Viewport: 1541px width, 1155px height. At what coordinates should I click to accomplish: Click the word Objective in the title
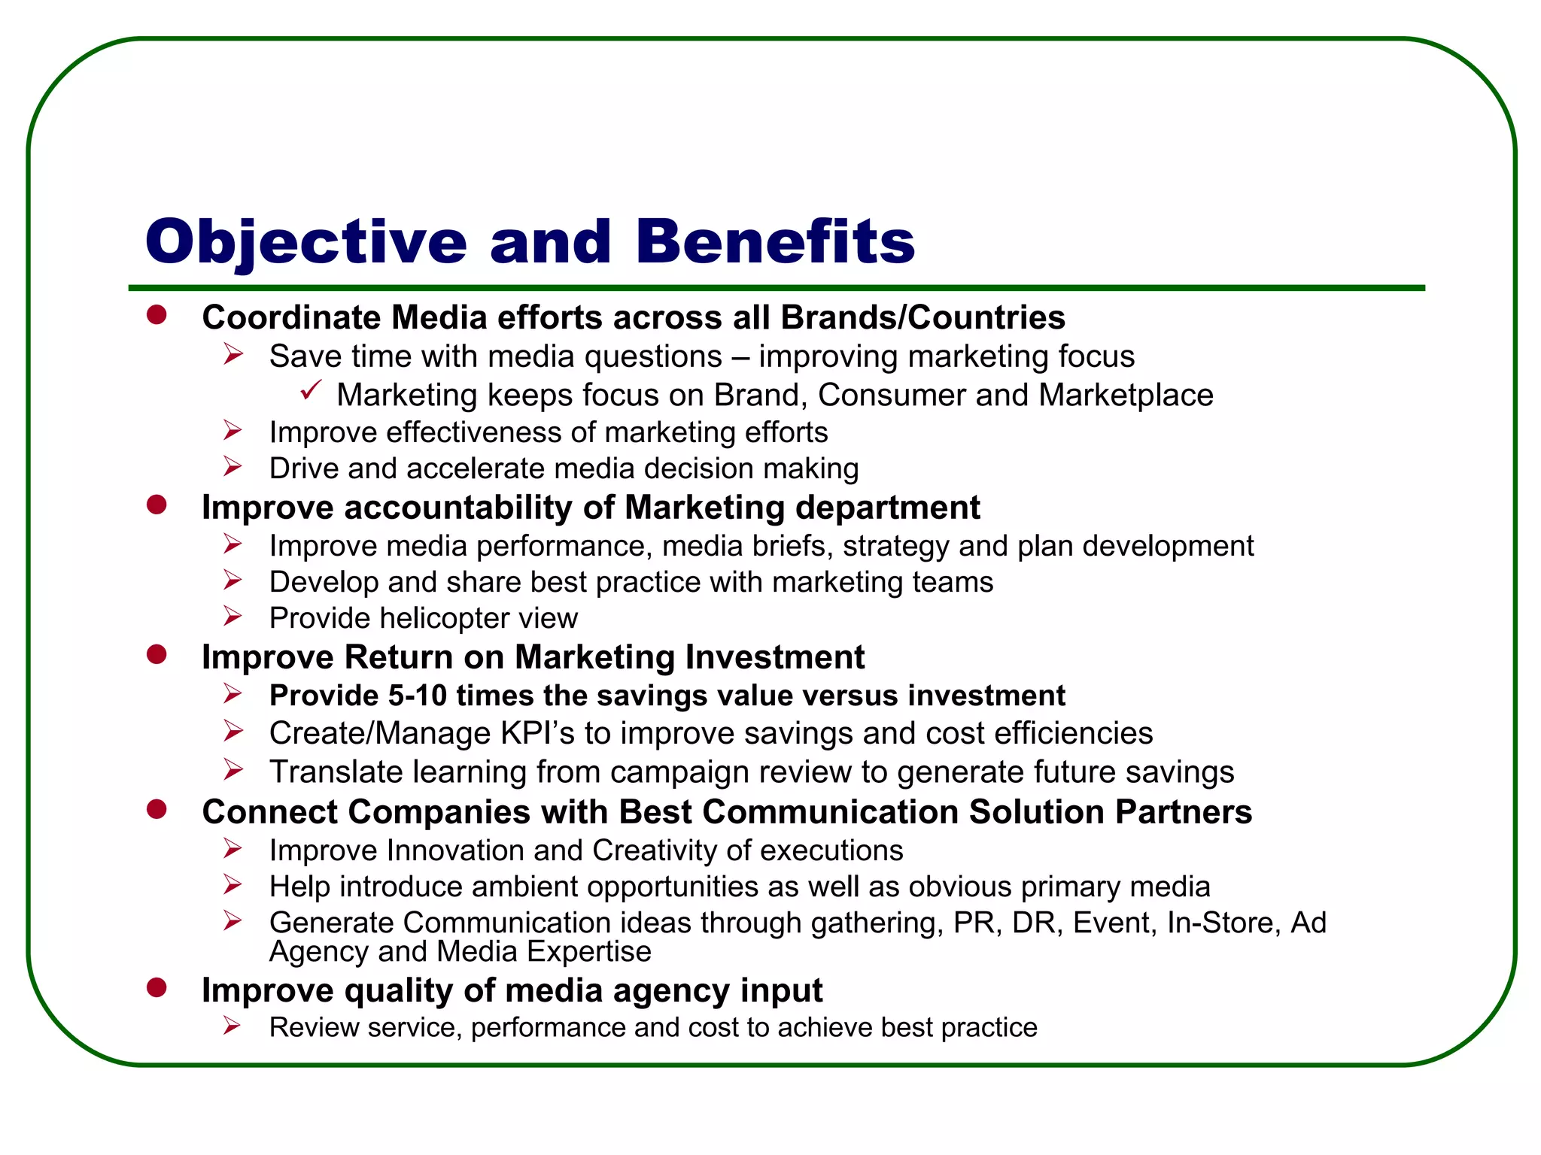(306, 242)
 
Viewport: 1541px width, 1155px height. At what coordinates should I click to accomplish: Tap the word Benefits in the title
(775, 242)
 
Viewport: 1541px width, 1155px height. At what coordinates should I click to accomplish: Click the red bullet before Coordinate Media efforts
(157, 315)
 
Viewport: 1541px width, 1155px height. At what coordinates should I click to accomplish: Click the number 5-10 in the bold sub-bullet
(418, 696)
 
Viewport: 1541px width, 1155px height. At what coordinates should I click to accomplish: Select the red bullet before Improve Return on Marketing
(157, 655)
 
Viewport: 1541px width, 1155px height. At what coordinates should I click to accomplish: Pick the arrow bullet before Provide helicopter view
(233, 617)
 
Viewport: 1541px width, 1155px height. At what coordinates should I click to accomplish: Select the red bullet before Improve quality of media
(157, 988)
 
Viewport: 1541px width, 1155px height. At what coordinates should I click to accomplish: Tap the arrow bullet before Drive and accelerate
(233, 467)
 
